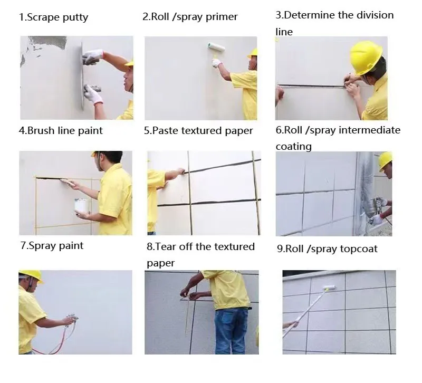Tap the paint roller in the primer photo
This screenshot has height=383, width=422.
point(216,47)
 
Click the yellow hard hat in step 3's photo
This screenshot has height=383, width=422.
point(366,58)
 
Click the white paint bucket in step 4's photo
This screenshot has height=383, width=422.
point(82,206)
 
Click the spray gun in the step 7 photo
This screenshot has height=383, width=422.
point(72,319)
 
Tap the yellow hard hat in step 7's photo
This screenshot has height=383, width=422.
point(31,276)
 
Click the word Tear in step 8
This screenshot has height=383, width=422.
point(166,246)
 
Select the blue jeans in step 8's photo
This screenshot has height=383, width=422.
point(231,331)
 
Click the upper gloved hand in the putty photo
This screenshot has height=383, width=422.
point(93,57)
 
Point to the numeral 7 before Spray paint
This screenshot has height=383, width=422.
point(23,246)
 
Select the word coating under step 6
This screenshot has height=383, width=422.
point(294,147)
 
